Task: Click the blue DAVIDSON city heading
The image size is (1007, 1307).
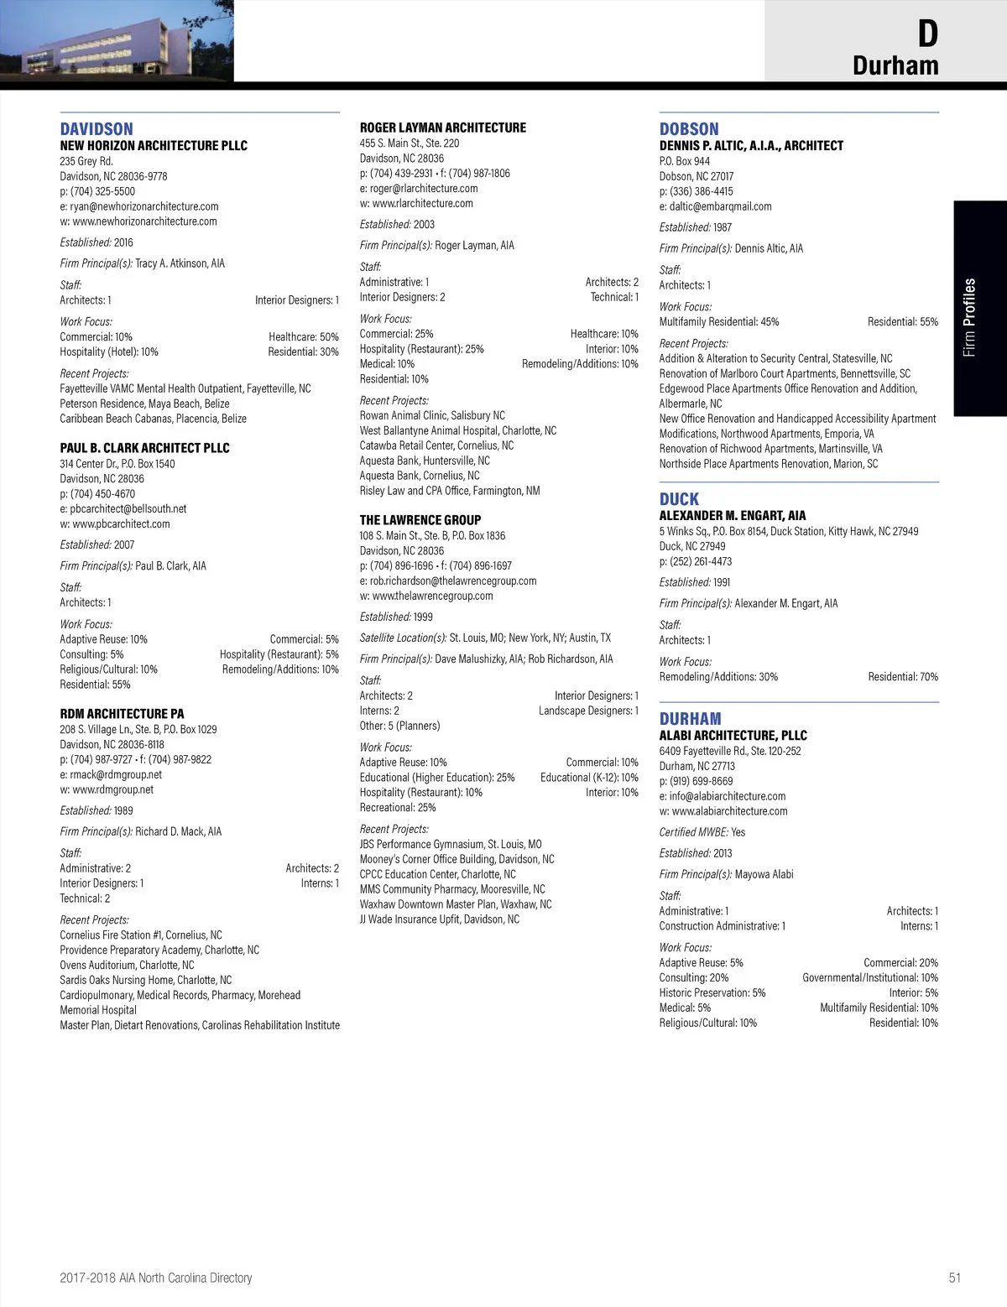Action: [97, 129]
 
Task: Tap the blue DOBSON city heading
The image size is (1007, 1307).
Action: [689, 129]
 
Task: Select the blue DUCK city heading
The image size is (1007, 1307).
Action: [679, 499]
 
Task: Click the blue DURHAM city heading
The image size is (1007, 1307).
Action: [690, 719]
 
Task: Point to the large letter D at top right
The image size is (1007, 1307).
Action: [927, 34]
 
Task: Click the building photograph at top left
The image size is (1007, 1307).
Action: [117, 40]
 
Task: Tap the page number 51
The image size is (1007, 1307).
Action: [954, 1278]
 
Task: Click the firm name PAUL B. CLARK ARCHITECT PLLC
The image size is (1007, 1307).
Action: [144, 448]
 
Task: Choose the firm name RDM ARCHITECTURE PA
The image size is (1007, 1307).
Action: [122, 714]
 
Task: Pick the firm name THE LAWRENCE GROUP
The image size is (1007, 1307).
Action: [420, 520]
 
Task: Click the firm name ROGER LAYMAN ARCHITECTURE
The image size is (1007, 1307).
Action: [443, 128]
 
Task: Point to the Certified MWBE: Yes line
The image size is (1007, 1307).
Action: [702, 832]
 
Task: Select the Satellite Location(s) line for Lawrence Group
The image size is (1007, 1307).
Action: [485, 638]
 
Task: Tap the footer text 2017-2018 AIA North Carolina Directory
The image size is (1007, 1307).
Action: [156, 1278]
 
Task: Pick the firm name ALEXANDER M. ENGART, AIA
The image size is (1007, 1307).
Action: [733, 516]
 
